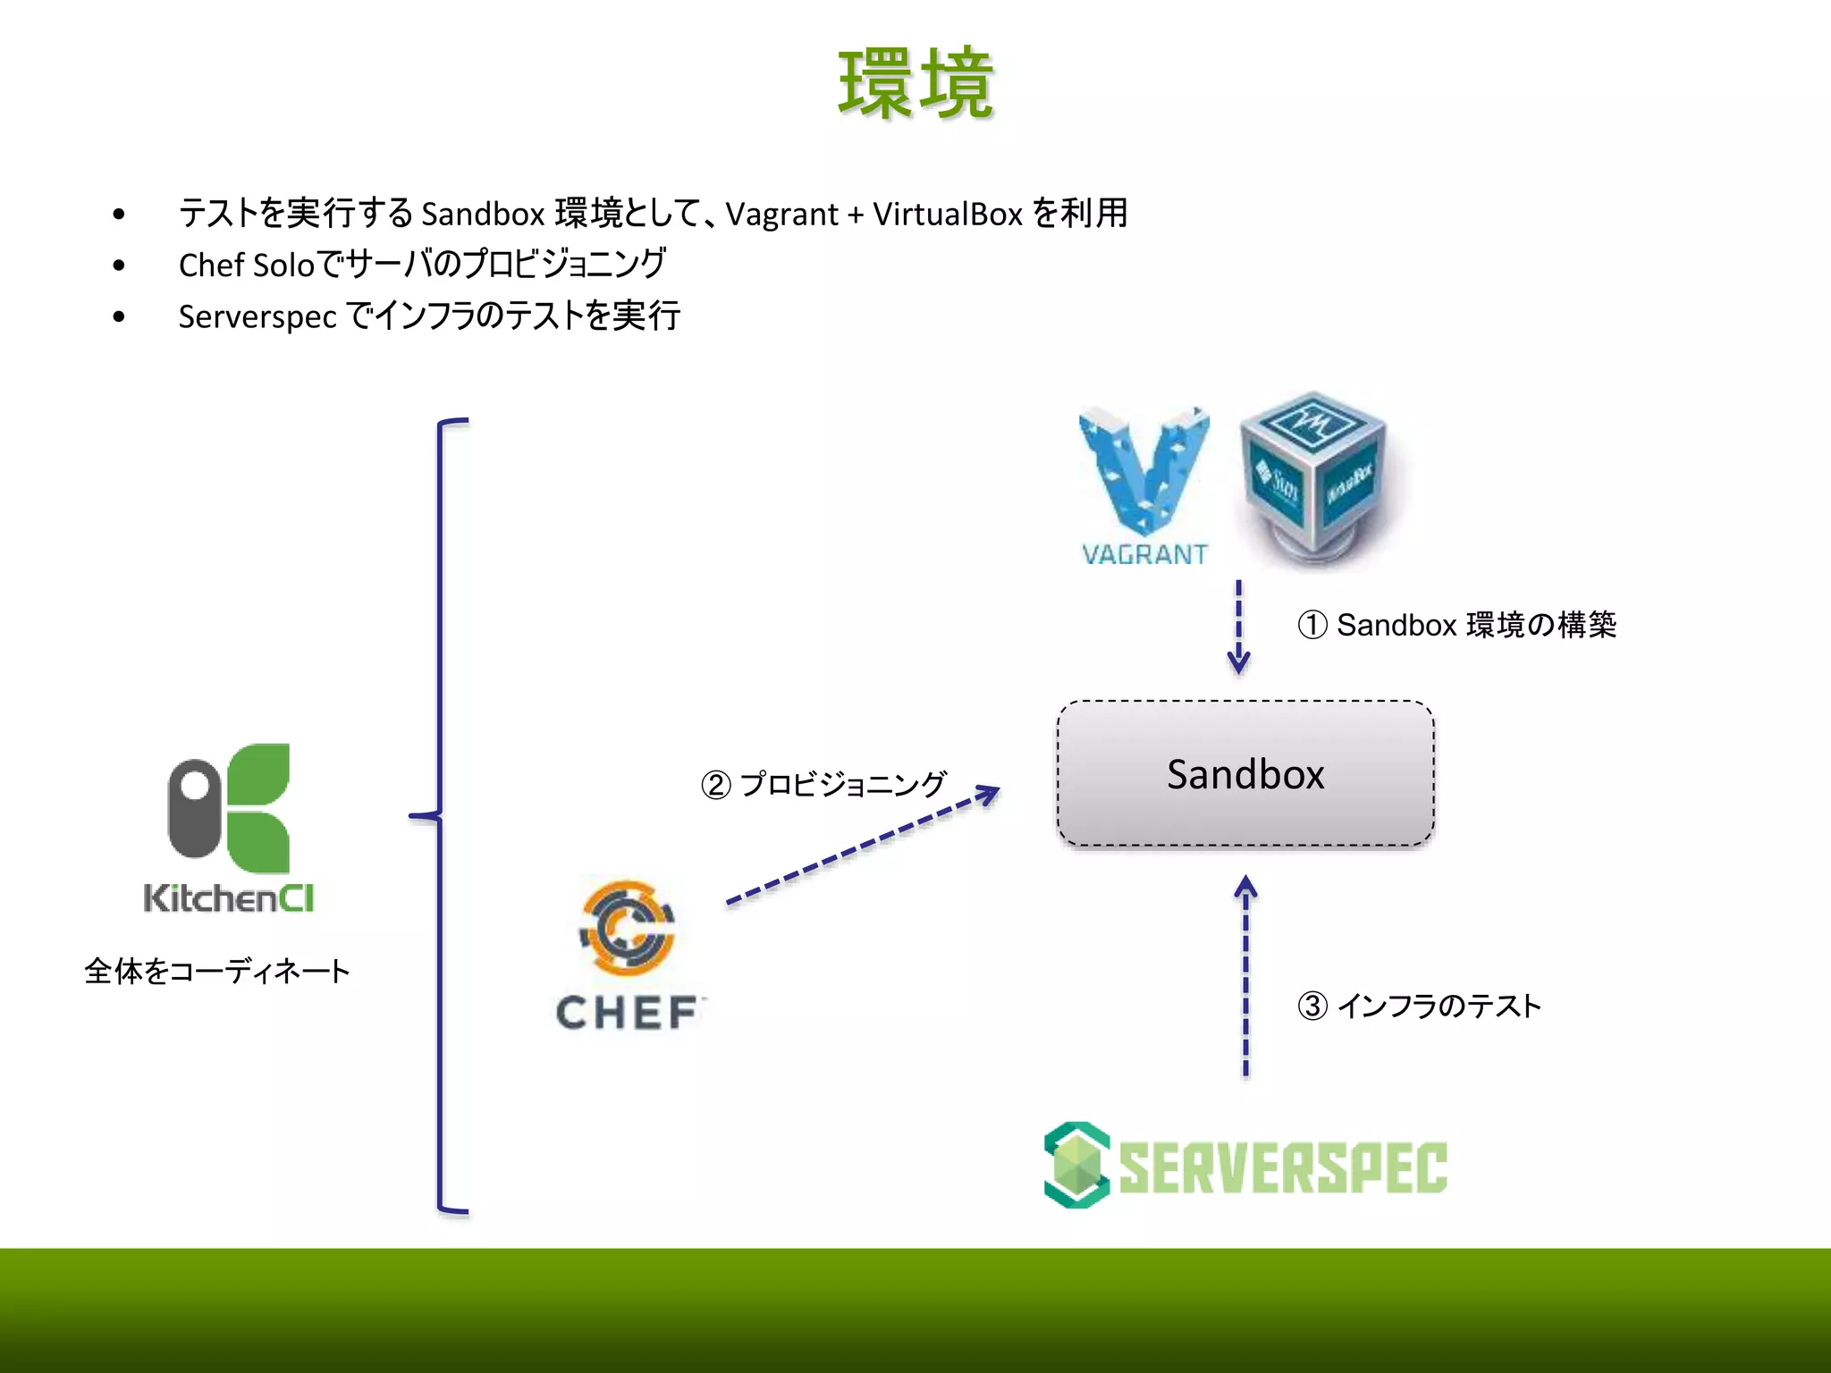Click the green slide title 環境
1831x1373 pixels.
coord(915,85)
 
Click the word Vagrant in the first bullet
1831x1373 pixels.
coord(781,215)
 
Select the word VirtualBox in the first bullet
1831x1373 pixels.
coord(947,215)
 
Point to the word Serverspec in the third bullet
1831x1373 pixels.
coord(257,316)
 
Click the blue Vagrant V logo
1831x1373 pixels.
coord(1143,474)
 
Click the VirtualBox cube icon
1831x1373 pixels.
coord(1312,478)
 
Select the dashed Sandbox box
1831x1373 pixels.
coord(1245,774)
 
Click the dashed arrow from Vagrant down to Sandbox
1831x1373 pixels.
coord(1238,626)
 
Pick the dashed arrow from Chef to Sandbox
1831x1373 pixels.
coord(863,846)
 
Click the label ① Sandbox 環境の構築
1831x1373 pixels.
coord(1456,625)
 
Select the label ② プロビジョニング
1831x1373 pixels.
coord(823,785)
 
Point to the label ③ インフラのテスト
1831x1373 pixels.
coord(1419,1006)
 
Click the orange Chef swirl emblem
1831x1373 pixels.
coord(627,928)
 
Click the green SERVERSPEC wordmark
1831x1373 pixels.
coord(1282,1167)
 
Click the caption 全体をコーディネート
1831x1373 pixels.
coord(217,971)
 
